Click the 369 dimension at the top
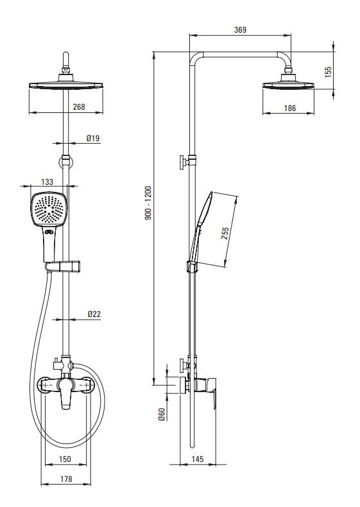[x=240, y=30]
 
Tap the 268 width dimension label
[x=79, y=107]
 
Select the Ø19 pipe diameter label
[x=93, y=139]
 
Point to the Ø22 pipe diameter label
[x=94, y=314]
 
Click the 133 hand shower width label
[x=47, y=182]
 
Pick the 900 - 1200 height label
[x=148, y=203]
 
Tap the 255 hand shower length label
[x=225, y=233]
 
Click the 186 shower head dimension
[x=290, y=108]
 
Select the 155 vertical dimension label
[x=328, y=72]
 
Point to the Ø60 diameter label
[x=162, y=414]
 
